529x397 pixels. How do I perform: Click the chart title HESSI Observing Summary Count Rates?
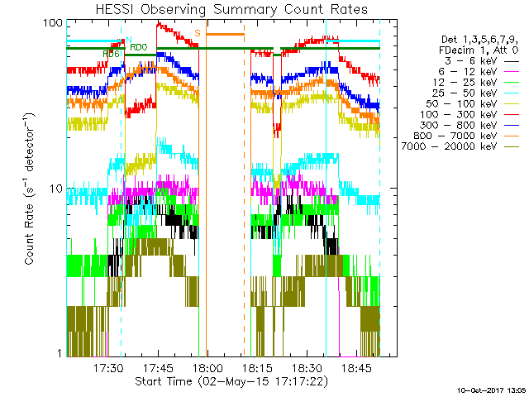pos(232,9)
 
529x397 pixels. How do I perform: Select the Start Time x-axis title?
pos(231,381)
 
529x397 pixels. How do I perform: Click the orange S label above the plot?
pos(197,33)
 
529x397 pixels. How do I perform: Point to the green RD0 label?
pos(139,47)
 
